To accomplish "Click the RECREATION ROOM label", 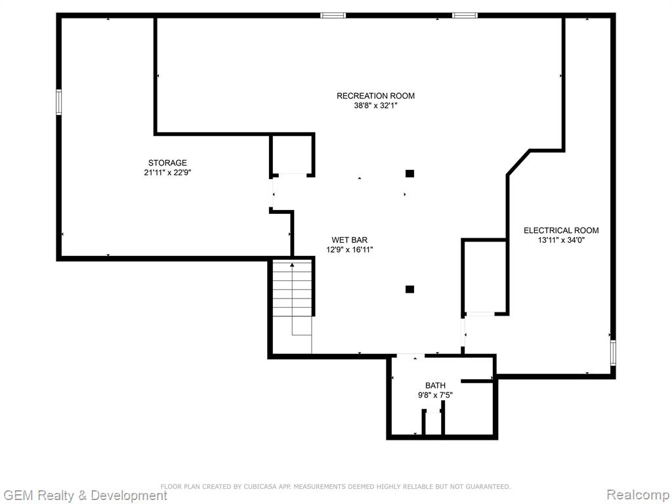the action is point(375,96).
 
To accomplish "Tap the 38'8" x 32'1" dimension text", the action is point(375,106).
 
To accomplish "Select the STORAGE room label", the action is point(167,163).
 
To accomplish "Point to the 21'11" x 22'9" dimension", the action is point(167,173).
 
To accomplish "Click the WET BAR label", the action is point(350,240).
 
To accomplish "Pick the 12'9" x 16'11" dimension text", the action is point(350,250).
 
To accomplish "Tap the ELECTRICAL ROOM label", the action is point(562,230).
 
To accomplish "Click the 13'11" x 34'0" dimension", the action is point(562,240).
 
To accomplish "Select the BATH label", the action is point(436,386).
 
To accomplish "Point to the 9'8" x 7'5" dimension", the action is point(436,395).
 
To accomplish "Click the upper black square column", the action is point(409,173).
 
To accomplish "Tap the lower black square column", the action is point(409,289).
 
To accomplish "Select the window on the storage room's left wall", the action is point(58,102).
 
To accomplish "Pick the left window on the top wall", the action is point(333,16).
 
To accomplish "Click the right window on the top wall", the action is point(465,16).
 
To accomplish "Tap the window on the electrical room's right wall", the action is point(614,352).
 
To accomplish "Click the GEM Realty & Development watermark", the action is point(85,496).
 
